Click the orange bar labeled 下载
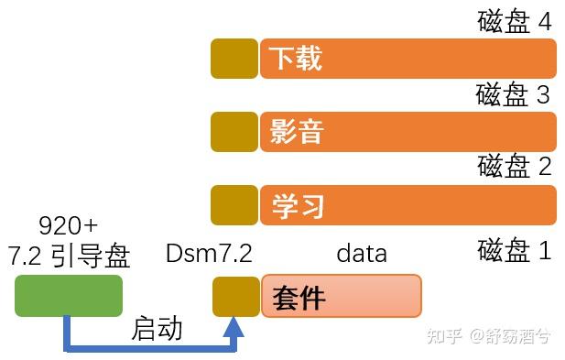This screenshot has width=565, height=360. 408,59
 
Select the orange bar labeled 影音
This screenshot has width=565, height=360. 408,132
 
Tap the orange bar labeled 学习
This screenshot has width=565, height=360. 408,204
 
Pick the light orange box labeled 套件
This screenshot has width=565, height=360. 342,296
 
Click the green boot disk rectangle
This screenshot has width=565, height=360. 69,296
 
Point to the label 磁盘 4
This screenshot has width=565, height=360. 515,21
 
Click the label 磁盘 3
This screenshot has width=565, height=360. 514,94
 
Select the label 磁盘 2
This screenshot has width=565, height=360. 515,166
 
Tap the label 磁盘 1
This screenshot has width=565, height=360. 515,249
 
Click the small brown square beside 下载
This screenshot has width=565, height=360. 234,59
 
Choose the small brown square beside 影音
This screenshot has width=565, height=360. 234,132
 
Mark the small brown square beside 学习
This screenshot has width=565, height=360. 234,204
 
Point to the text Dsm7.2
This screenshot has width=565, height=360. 209,254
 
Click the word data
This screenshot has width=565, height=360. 362,253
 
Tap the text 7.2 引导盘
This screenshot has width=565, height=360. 69,256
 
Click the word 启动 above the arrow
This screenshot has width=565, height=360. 157,329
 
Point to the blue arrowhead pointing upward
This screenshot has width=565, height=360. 235,328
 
